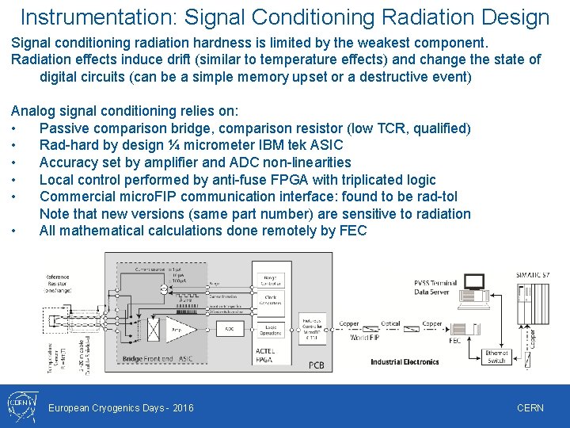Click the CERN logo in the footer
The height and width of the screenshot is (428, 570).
click(x=21, y=406)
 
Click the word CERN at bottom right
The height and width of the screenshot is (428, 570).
click(x=530, y=407)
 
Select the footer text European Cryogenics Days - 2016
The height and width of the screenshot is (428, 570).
click(x=121, y=407)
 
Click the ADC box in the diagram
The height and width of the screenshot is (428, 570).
click(x=228, y=328)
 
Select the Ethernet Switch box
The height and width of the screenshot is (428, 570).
click(x=496, y=357)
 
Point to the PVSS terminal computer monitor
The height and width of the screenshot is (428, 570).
click(x=474, y=282)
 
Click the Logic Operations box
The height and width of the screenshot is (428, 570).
click(x=270, y=330)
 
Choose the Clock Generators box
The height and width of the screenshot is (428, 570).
click(x=270, y=300)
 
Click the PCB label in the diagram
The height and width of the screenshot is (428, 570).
click(x=317, y=365)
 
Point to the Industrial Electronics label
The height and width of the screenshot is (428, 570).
click(x=405, y=361)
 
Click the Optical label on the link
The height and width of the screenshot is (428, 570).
click(x=390, y=323)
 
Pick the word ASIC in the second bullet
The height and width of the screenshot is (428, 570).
click(x=327, y=144)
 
